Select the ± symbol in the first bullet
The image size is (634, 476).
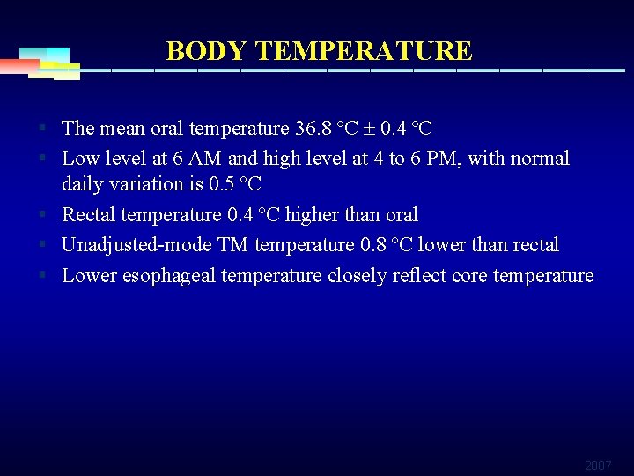coord(369,129)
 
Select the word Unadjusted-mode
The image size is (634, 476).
coord(136,245)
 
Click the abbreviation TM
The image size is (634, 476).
coord(232,245)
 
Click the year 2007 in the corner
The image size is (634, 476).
coord(598,465)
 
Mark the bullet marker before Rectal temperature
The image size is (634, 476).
coord(42,215)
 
